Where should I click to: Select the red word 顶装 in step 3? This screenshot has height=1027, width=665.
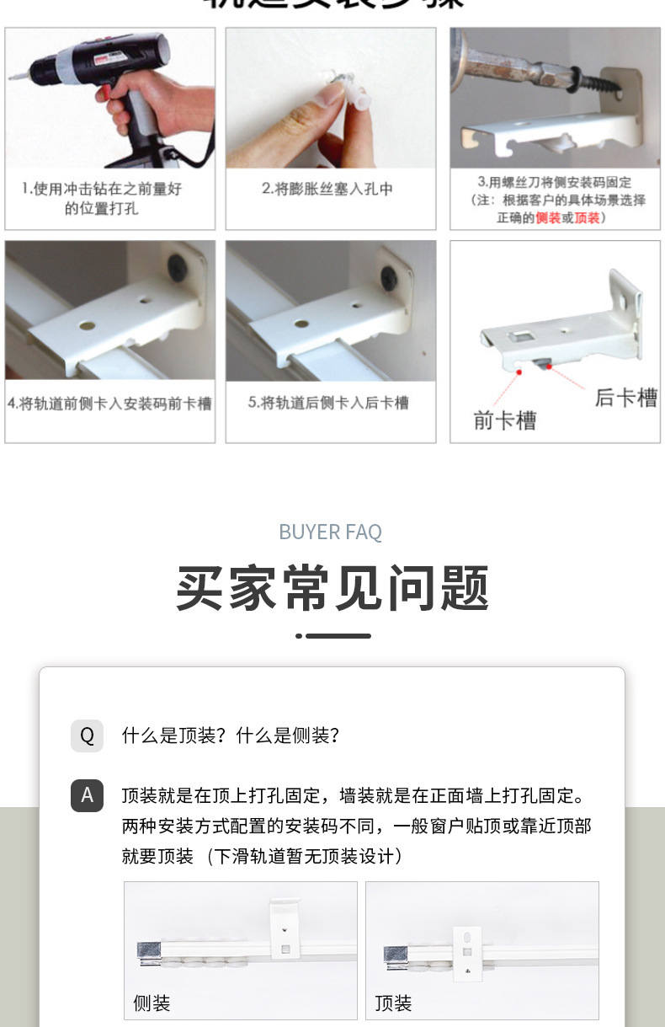click(588, 218)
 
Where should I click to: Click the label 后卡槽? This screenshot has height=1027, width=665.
click(626, 398)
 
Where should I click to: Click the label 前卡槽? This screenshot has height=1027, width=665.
click(504, 420)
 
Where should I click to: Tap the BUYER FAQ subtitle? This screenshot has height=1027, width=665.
click(330, 532)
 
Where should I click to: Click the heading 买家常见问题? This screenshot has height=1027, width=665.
click(332, 588)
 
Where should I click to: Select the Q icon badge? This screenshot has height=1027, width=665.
click(87, 735)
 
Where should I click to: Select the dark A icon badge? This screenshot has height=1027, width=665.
click(87, 795)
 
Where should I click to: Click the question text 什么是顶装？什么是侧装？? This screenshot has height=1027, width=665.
click(231, 735)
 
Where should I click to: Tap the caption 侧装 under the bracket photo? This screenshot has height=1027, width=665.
click(152, 1003)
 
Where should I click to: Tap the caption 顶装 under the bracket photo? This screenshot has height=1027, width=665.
click(393, 1003)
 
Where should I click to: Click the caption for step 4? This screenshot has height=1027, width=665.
click(109, 404)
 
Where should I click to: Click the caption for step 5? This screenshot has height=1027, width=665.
click(328, 404)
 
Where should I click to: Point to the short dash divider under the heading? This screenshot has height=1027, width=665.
click(333, 635)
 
